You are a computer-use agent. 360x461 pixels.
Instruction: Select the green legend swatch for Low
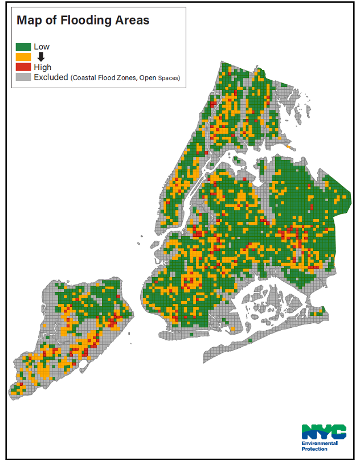23,47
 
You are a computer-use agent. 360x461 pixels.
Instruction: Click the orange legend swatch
23,57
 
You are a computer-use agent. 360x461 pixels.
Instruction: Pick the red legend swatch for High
23,67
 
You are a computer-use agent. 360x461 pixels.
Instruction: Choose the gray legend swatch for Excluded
23,77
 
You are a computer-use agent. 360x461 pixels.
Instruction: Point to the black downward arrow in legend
41,56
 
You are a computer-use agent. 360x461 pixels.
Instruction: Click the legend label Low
42,47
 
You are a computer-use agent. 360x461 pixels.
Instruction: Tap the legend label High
43,67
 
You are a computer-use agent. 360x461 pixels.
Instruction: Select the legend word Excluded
51,77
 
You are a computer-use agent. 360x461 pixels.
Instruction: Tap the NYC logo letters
323,431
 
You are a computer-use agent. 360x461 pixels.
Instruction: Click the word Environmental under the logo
320,443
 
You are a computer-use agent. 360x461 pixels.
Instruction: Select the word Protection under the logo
314,449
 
